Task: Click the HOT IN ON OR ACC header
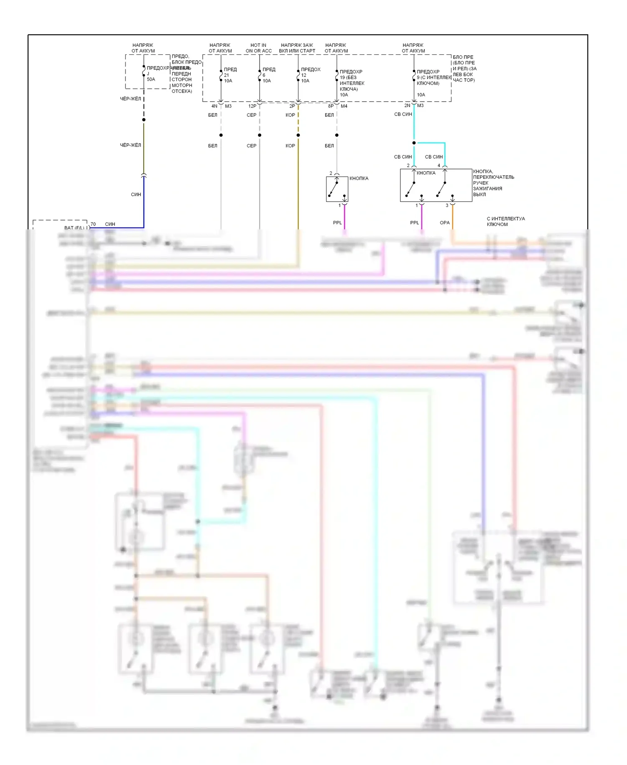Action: (258, 48)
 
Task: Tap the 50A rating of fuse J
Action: (151, 80)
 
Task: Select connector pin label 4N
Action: (214, 106)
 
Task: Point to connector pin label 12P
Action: (252, 106)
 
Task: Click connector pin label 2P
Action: (292, 106)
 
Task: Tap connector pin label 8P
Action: (331, 106)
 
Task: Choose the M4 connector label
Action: (344, 106)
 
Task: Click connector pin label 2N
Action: (407, 105)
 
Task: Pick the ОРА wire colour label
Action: (445, 223)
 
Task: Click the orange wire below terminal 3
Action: (453, 218)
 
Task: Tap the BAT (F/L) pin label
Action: (74, 228)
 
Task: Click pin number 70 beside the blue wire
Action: (93, 224)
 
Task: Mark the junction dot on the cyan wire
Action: (414, 143)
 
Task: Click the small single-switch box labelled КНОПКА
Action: (337, 189)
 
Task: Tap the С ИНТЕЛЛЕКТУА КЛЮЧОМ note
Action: (505, 221)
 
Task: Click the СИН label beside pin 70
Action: (110, 224)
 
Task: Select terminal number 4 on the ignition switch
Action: (439, 166)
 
